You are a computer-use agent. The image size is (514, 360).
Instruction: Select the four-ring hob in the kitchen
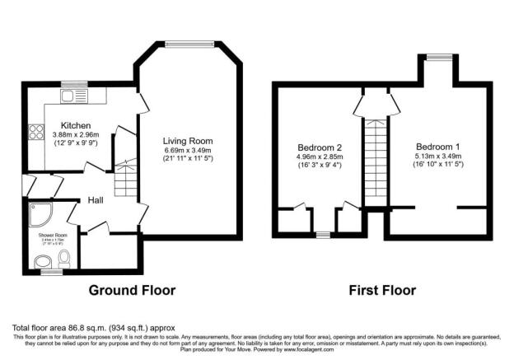(x=36, y=132)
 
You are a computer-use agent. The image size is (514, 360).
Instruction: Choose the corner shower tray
(x=40, y=213)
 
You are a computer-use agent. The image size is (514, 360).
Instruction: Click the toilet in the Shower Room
(x=64, y=259)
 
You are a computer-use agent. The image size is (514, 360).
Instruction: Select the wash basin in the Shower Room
(x=43, y=263)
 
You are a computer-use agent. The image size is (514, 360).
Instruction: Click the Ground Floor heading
(x=132, y=291)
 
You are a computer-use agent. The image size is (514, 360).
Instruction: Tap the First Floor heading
(x=381, y=291)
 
